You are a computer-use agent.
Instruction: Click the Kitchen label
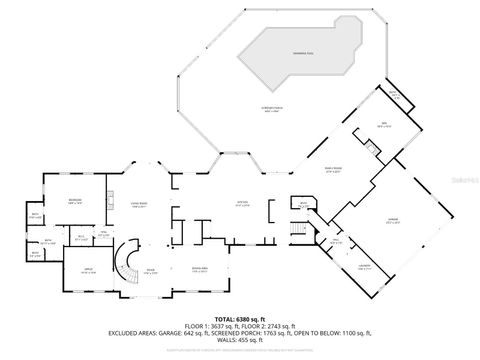click(241, 203)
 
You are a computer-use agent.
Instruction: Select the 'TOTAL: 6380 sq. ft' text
click(240, 318)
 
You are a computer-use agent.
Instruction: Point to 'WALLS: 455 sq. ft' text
click(240, 340)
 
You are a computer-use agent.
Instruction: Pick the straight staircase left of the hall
click(295, 229)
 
